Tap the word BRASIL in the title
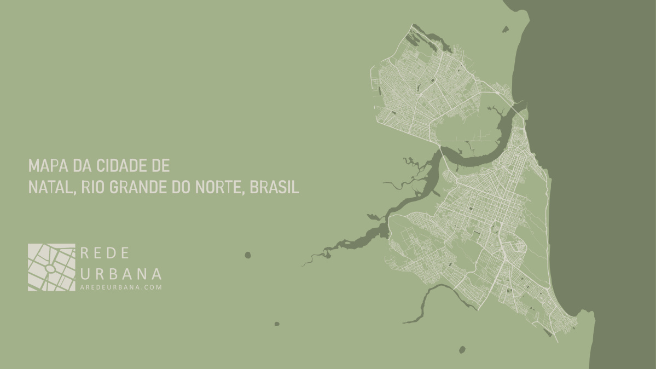(x=274, y=188)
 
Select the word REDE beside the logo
(x=105, y=253)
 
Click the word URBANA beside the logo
(x=121, y=273)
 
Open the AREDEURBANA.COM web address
(x=121, y=287)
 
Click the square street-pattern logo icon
(x=51, y=267)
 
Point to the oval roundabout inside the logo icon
(x=50, y=269)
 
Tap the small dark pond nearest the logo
(x=248, y=255)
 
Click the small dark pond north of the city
(x=505, y=30)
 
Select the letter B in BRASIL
(x=253, y=188)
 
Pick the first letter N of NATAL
(x=32, y=188)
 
